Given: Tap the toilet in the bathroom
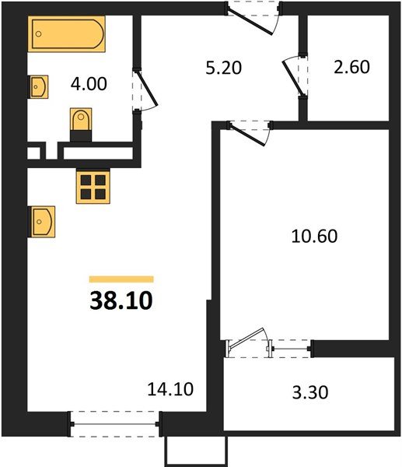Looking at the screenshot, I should point(80,123).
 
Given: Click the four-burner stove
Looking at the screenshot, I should point(92,187).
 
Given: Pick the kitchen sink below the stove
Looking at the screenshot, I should point(41,221).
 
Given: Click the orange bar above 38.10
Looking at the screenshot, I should point(121,279).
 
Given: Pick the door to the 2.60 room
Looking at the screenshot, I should point(295,75).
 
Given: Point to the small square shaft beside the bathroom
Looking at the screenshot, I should point(35,152).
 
